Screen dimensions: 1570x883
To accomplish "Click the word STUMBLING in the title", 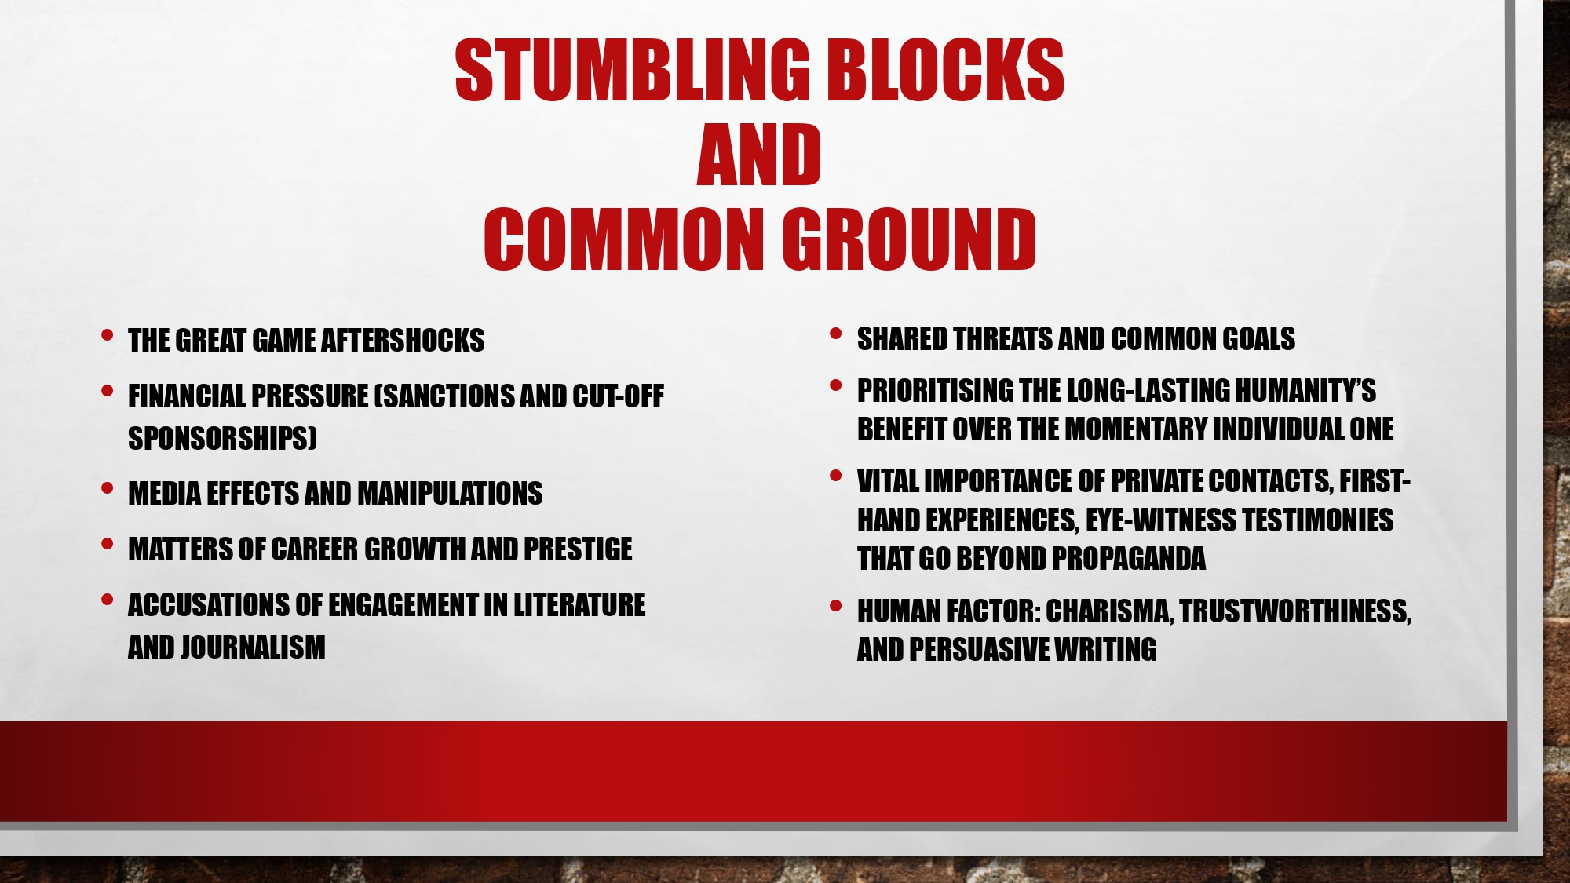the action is tap(632, 70).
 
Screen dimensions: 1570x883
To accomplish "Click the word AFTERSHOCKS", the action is tap(403, 341).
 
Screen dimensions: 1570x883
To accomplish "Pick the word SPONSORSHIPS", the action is tap(222, 438).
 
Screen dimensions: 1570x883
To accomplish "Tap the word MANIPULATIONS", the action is tap(450, 494).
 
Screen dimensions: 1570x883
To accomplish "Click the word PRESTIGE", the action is tap(578, 549).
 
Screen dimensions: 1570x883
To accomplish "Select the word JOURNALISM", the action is tap(253, 648).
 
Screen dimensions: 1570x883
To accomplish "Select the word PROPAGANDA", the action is tap(1129, 559).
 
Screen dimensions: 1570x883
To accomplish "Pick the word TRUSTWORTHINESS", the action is tap(1295, 611).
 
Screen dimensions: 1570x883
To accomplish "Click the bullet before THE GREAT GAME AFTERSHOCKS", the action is tap(108, 335).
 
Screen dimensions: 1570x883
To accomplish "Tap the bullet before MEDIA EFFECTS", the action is tap(108, 488).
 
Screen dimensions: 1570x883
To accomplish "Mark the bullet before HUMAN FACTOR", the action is tap(836, 606).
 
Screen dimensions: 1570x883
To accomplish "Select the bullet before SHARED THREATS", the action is tap(836, 334).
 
